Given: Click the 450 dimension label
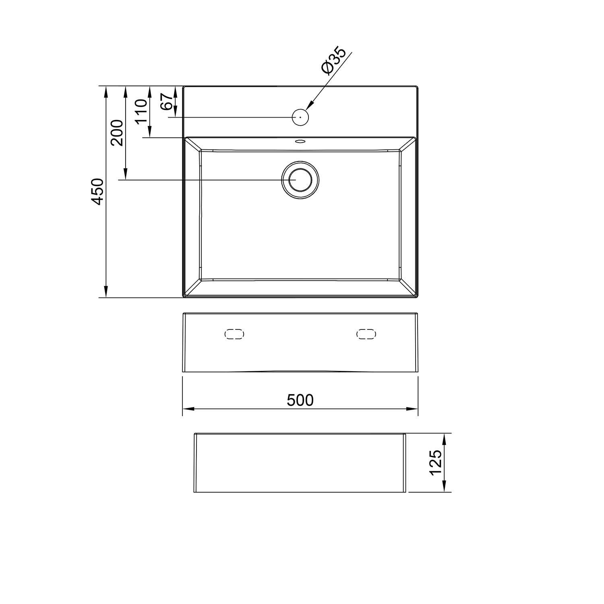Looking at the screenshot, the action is [98, 191].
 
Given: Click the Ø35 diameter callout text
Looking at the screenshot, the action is [333, 61].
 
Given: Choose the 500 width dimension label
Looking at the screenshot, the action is [300, 400].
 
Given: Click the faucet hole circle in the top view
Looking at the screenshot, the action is [300, 117].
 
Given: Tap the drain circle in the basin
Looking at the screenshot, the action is [300, 180].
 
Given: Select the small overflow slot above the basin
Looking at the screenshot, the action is [300, 141].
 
